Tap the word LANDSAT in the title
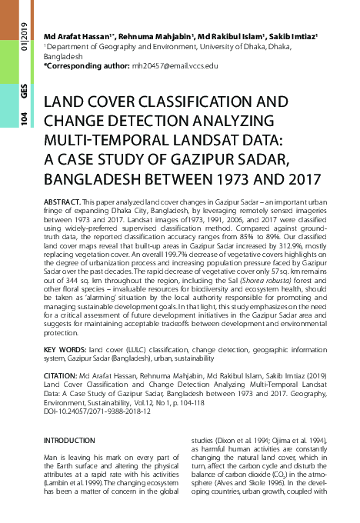pos(193,140)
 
